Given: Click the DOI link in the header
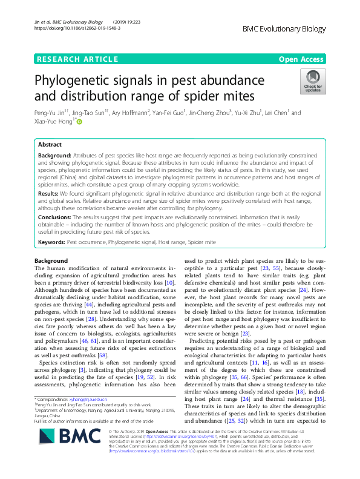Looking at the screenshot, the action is coord(77,28).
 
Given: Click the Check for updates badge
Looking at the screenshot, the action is coord(313,82).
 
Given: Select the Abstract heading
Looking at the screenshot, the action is coord(50,145).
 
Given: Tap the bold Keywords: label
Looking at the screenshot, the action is coord(51,242).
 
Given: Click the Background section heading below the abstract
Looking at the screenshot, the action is coord(51,260).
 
